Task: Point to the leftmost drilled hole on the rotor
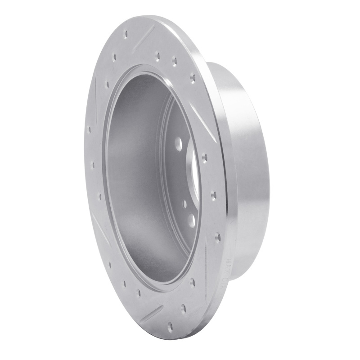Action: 89,129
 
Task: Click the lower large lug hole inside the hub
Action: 191,219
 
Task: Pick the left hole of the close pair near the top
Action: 157,56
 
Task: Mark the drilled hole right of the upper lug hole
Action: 205,157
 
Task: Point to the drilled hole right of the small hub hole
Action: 213,195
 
